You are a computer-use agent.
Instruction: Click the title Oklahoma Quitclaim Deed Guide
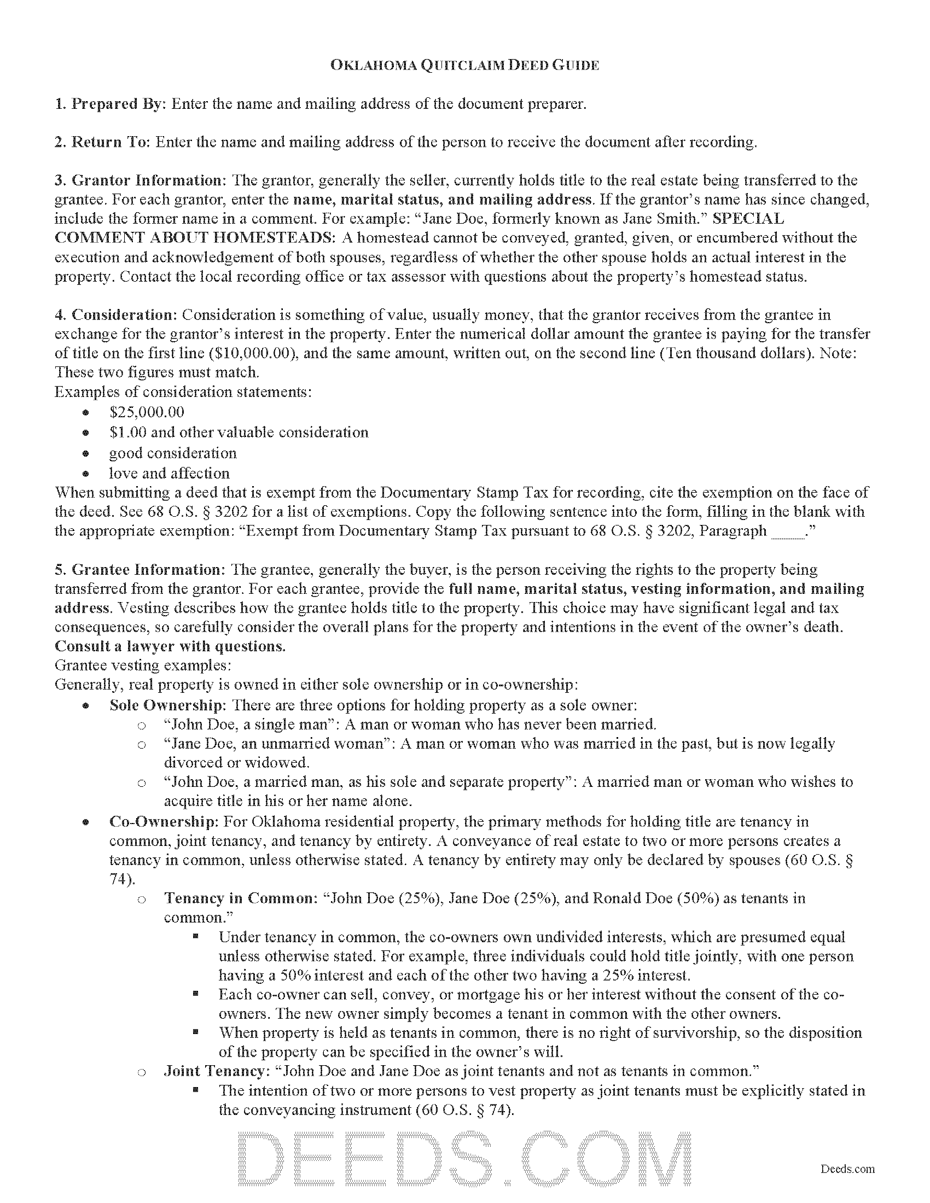tap(464, 65)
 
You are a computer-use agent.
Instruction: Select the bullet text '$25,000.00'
tap(147, 412)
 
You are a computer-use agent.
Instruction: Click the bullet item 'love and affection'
tap(169, 473)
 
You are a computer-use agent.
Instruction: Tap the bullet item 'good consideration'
tap(172, 453)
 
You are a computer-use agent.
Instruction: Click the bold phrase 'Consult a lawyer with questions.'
tap(170, 646)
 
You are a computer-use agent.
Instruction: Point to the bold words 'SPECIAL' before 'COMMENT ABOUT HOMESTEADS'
tap(748, 219)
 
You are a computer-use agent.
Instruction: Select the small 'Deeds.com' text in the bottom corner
tap(847, 1164)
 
